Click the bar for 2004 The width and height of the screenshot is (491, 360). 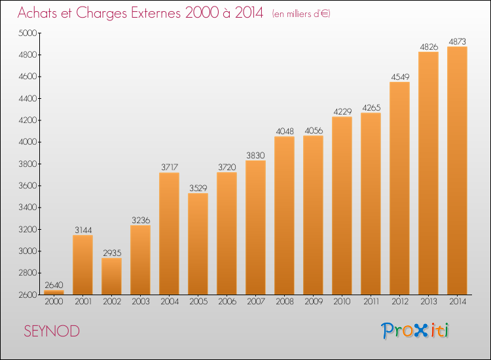click(x=169, y=234)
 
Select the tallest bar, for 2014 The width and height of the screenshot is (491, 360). click(x=457, y=171)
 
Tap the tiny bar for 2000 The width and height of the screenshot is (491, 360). click(x=54, y=293)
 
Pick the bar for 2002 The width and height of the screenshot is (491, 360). click(x=111, y=276)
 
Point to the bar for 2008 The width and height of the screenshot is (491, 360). click(x=284, y=215)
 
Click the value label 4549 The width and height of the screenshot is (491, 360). click(x=400, y=77)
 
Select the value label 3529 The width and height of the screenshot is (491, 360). click(x=198, y=188)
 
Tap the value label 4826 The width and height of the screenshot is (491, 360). click(x=429, y=46)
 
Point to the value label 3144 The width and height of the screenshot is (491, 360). click(x=83, y=230)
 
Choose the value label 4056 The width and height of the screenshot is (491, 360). click(x=314, y=130)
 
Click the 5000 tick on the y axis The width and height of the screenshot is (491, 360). click(x=27, y=33)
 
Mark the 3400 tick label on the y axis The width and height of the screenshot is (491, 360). click(x=27, y=207)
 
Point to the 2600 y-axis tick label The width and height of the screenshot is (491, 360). click(x=27, y=295)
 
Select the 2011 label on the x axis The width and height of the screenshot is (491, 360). click(x=371, y=302)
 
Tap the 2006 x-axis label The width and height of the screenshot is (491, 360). click(x=227, y=302)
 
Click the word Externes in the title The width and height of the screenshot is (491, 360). click(x=156, y=13)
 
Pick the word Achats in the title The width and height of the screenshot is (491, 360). click(x=37, y=13)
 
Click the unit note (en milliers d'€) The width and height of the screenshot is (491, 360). click(x=301, y=14)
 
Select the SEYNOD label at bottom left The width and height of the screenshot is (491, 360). click(x=52, y=331)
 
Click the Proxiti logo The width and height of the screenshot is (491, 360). click(x=415, y=331)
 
